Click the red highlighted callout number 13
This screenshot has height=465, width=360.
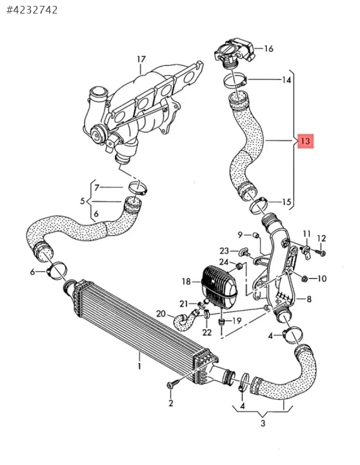click(305, 141)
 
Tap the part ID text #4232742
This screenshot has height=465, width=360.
click(32, 10)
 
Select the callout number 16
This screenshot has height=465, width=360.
click(268, 48)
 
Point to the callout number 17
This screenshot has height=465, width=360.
click(141, 59)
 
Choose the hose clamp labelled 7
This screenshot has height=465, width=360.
click(138, 188)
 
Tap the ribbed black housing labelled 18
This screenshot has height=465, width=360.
click(219, 287)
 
